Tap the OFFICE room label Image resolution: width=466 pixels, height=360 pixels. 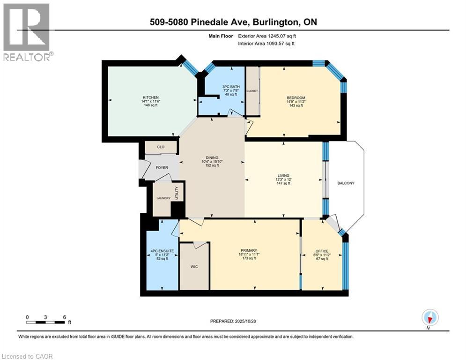coord(322,251)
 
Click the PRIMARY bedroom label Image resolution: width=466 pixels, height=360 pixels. coord(249,250)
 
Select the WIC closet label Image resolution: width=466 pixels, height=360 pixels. coord(194,266)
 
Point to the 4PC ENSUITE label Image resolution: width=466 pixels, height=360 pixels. coord(162,251)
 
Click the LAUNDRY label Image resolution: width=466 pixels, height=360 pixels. coord(163,198)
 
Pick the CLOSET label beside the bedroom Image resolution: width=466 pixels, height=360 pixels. coord(252,91)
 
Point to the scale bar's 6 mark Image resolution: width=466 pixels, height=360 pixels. coord(64,317)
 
